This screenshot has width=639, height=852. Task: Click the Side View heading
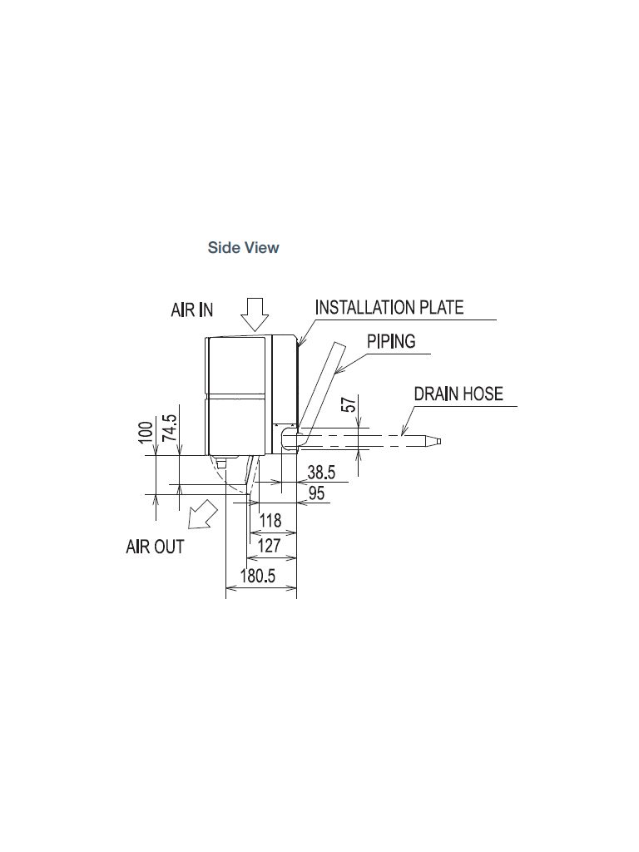(x=244, y=248)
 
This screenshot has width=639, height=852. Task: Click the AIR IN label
(x=192, y=310)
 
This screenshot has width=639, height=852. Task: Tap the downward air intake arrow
(x=255, y=315)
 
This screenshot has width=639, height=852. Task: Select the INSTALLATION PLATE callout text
(x=389, y=308)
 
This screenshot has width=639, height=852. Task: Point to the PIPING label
(x=391, y=341)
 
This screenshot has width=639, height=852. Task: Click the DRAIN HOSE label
(x=458, y=394)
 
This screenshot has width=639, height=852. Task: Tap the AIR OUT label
(x=155, y=546)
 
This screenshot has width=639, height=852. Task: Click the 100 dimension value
(x=146, y=433)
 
